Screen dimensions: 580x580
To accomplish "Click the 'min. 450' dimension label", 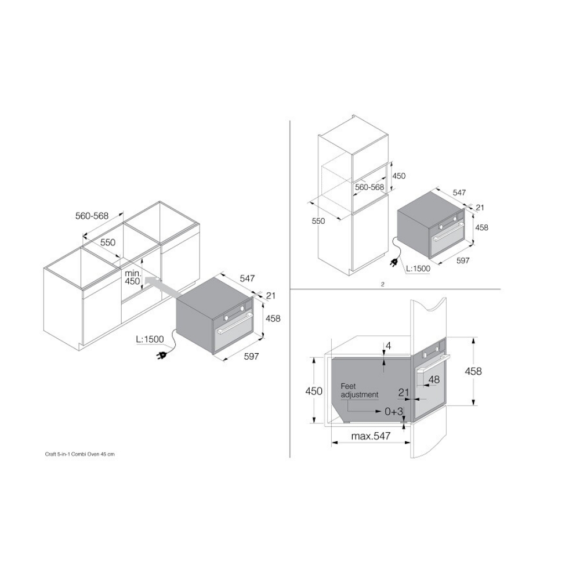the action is pyautogui.click(x=132, y=277).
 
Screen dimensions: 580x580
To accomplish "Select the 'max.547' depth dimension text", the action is pyautogui.click(x=371, y=436).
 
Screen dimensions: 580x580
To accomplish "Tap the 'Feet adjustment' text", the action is pyautogui.click(x=359, y=390).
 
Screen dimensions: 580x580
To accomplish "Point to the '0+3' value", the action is pyautogui.click(x=394, y=411).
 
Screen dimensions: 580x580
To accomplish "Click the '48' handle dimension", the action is pyautogui.click(x=434, y=379).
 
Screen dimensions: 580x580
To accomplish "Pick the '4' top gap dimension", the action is pyautogui.click(x=388, y=346).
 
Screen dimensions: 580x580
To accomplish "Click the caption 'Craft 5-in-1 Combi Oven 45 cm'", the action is pyautogui.click(x=79, y=454).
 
